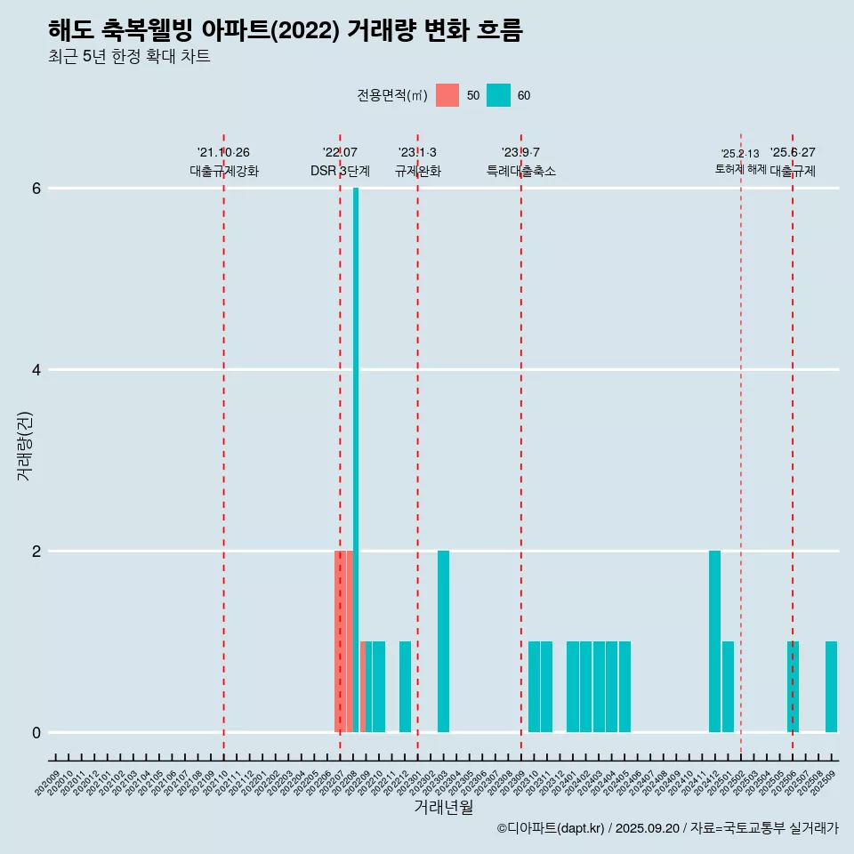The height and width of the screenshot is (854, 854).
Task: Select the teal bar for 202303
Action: [443, 640]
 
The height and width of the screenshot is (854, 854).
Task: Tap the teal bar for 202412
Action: [714, 640]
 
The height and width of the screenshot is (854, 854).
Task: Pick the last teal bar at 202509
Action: [831, 686]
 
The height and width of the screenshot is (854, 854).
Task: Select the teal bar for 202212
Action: [405, 686]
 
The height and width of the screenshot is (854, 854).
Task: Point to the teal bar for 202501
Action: [728, 686]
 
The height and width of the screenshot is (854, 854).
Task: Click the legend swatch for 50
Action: [447, 95]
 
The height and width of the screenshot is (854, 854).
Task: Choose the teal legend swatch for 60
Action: [498, 95]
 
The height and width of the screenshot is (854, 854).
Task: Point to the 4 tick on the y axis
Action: [36, 369]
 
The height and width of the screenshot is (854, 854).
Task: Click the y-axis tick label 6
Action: [36, 189]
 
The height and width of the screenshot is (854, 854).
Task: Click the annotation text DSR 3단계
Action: [340, 171]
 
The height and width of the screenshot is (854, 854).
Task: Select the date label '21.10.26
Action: [223, 152]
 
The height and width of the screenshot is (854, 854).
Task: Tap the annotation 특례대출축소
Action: [520, 171]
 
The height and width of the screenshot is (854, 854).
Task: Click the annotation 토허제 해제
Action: [740, 169]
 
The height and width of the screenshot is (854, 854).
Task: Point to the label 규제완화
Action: [417, 171]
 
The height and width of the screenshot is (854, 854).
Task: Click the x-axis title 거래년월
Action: [443, 807]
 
